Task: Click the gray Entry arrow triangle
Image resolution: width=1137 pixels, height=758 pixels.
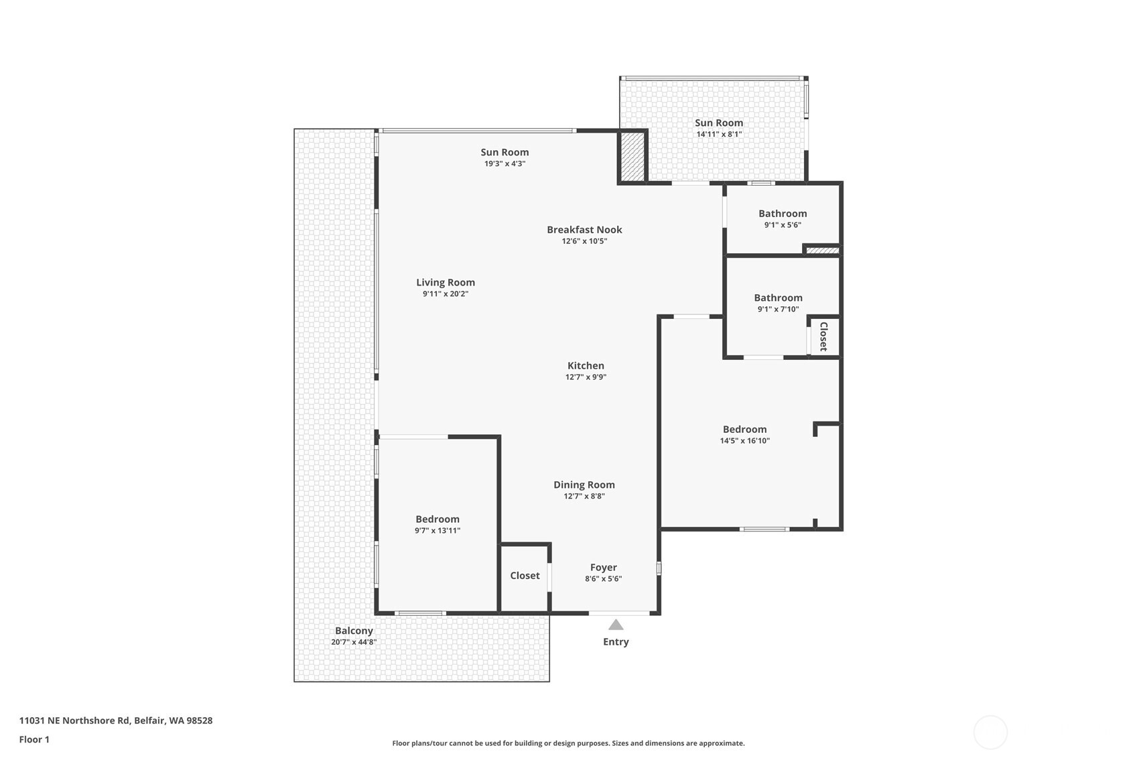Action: tap(616, 625)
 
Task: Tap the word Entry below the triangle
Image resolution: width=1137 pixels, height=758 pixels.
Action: tap(616, 642)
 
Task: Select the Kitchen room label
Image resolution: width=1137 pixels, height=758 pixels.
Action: tap(586, 366)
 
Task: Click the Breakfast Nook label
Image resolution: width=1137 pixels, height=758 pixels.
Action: tap(584, 230)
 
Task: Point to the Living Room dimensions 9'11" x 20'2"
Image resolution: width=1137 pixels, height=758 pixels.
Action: tap(446, 294)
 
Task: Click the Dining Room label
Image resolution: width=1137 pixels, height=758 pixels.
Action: tap(584, 485)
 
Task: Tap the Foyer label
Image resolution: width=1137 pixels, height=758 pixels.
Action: tap(603, 568)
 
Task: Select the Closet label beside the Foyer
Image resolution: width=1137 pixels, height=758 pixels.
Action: tap(525, 576)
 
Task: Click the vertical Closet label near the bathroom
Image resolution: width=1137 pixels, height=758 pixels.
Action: tap(823, 336)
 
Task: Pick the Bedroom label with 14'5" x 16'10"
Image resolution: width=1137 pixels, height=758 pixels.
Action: tap(744, 430)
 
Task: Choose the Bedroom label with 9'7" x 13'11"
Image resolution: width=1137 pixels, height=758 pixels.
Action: tap(438, 519)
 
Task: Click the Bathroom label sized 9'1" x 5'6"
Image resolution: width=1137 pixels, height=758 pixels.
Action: tap(783, 214)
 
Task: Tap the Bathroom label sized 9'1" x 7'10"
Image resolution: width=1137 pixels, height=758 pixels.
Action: tap(778, 298)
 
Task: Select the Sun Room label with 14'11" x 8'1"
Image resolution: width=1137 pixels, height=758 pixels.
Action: tap(719, 123)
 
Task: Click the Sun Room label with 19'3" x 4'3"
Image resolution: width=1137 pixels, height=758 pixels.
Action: tap(505, 153)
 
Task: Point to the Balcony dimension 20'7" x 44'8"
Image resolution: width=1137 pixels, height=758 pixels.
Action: tap(354, 642)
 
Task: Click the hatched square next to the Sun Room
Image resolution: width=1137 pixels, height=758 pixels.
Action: tap(631, 156)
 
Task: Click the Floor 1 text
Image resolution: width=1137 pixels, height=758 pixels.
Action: tap(34, 740)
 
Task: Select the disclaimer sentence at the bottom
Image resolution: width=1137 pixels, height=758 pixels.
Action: tap(568, 743)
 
